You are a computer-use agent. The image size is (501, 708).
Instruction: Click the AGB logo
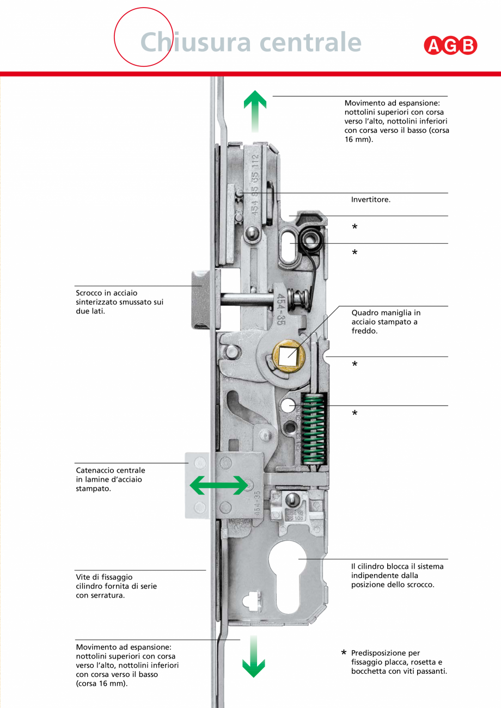pos(450,46)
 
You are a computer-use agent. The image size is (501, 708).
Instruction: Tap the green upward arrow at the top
pos(254,111)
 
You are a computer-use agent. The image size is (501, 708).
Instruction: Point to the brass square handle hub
pos(287,354)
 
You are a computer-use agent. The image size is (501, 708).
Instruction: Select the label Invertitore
pos(371,200)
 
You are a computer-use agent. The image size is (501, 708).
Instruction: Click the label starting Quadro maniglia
pos(386,321)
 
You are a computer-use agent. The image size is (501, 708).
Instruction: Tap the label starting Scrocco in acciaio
pos(119,302)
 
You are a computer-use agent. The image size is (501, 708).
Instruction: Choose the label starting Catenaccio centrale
pos(111,479)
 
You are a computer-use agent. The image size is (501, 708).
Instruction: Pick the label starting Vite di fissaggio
pos(116,586)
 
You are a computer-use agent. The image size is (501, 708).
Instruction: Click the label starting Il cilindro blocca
pos(397,575)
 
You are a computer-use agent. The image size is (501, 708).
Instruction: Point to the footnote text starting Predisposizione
pos(399,662)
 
